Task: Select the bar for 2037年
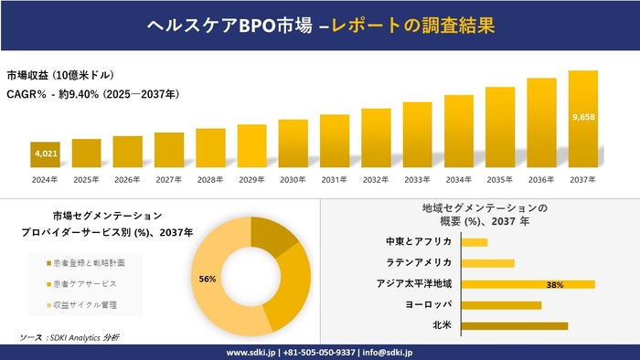[582, 119]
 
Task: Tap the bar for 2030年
[293, 143]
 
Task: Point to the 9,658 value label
[582, 118]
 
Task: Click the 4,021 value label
[46, 154]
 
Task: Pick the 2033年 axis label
[417, 179]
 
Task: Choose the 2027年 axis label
[169, 179]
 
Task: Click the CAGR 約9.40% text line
[92, 94]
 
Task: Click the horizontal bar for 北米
[515, 325]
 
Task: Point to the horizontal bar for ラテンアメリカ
[488, 263]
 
